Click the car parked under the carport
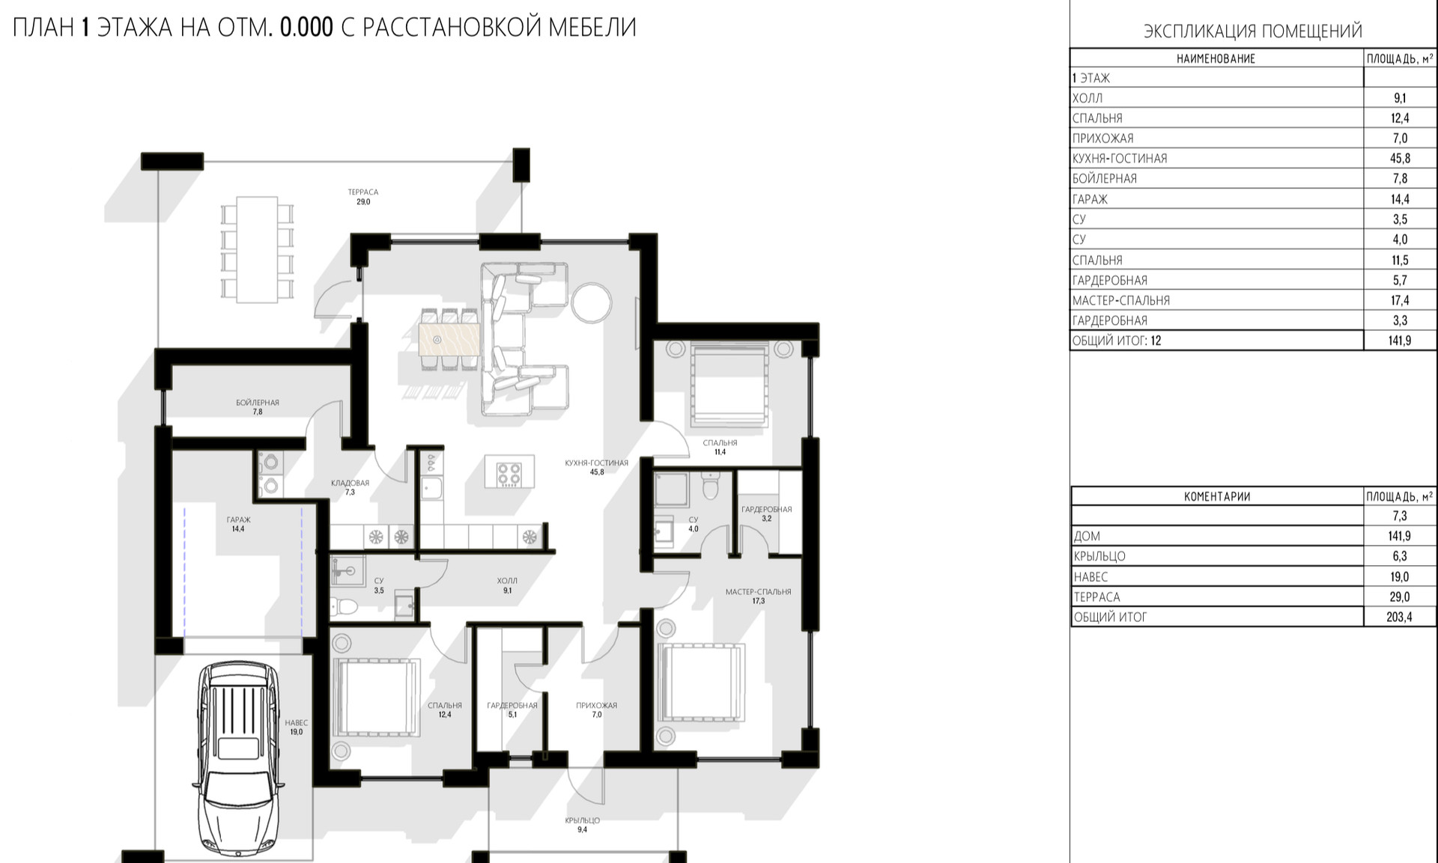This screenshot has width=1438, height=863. (238, 758)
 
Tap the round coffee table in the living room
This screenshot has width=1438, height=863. (592, 302)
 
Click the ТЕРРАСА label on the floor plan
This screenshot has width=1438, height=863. (363, 192)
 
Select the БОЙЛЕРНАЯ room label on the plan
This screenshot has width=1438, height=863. (258, 403)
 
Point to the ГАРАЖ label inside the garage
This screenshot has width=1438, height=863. (238, 519)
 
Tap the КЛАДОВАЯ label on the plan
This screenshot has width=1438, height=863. (350, 484)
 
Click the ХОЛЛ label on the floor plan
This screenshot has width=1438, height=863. (507, 581)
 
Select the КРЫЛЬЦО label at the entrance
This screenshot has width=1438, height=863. (582, 820)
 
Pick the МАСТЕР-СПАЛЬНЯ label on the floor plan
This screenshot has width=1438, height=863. (758, 592)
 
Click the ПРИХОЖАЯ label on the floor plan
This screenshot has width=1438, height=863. (596, 705)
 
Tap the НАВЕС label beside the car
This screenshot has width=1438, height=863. (297, 723)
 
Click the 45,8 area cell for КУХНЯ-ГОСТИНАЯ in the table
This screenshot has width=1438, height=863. (1400, 159)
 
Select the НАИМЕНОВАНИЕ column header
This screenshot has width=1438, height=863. (1216, 58)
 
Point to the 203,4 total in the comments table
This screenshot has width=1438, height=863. (1399, 617)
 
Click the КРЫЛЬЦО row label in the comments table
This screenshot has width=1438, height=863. (1099, 556)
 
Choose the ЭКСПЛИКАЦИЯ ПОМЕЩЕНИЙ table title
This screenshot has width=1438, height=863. (1252, 31)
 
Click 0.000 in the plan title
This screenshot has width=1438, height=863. (306, 28)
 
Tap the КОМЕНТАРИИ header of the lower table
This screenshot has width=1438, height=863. (1217, 496)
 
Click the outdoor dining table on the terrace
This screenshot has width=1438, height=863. (257, 249)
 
